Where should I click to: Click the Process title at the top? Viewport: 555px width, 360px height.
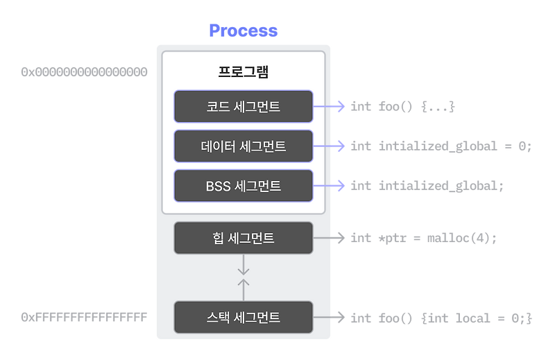point(243,31)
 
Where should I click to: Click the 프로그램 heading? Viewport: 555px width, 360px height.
point(243,72)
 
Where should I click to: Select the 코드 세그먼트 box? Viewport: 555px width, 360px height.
point(243,107)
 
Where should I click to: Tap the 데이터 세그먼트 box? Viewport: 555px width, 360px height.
point(243,146)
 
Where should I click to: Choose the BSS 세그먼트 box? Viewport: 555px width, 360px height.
point(243,185)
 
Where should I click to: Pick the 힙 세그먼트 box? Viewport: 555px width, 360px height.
point(243,238)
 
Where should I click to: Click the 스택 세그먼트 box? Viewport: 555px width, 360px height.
point(243,318)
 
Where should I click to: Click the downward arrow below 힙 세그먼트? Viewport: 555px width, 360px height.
point(243,264)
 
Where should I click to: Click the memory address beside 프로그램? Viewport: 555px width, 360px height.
point(84,72)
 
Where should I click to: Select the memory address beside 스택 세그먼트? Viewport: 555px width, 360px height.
point(84,318)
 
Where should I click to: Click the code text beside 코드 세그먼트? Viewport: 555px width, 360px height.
point(402,108)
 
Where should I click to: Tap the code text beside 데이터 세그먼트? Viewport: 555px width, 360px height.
point(441,146)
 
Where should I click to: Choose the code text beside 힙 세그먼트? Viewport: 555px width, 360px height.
point(424,238)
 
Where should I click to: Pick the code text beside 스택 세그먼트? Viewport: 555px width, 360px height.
point(441,318)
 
